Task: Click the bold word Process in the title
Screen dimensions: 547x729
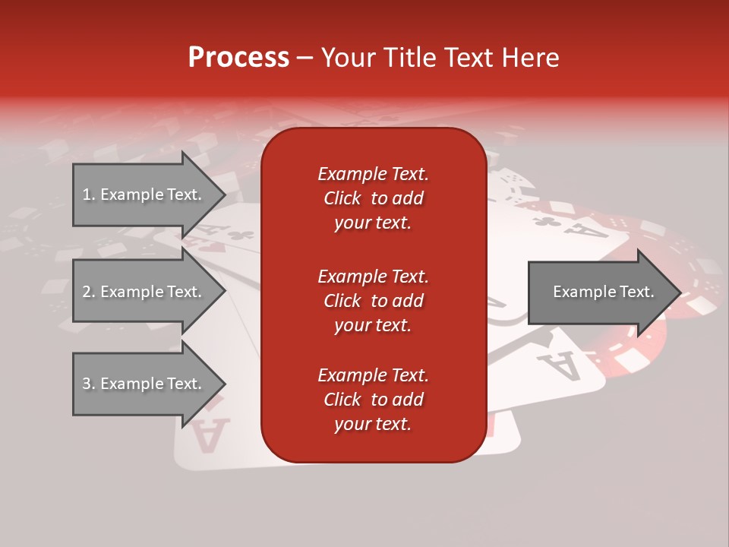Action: (x=238, y=58)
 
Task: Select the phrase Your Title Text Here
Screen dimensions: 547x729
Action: (x=440, y=58)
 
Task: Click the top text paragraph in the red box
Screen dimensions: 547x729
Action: (x=373, y=198)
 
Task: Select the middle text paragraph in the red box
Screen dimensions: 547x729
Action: (x=373, y=301)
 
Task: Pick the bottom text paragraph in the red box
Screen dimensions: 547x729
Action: (x=373, y=400)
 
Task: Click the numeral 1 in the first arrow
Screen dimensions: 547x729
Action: (x=86, y=194)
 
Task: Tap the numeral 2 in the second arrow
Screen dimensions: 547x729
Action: (x=87, y=292)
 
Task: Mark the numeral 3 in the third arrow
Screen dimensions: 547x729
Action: (x=87, y=384)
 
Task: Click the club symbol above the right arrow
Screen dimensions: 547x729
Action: (x=547, y=222)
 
